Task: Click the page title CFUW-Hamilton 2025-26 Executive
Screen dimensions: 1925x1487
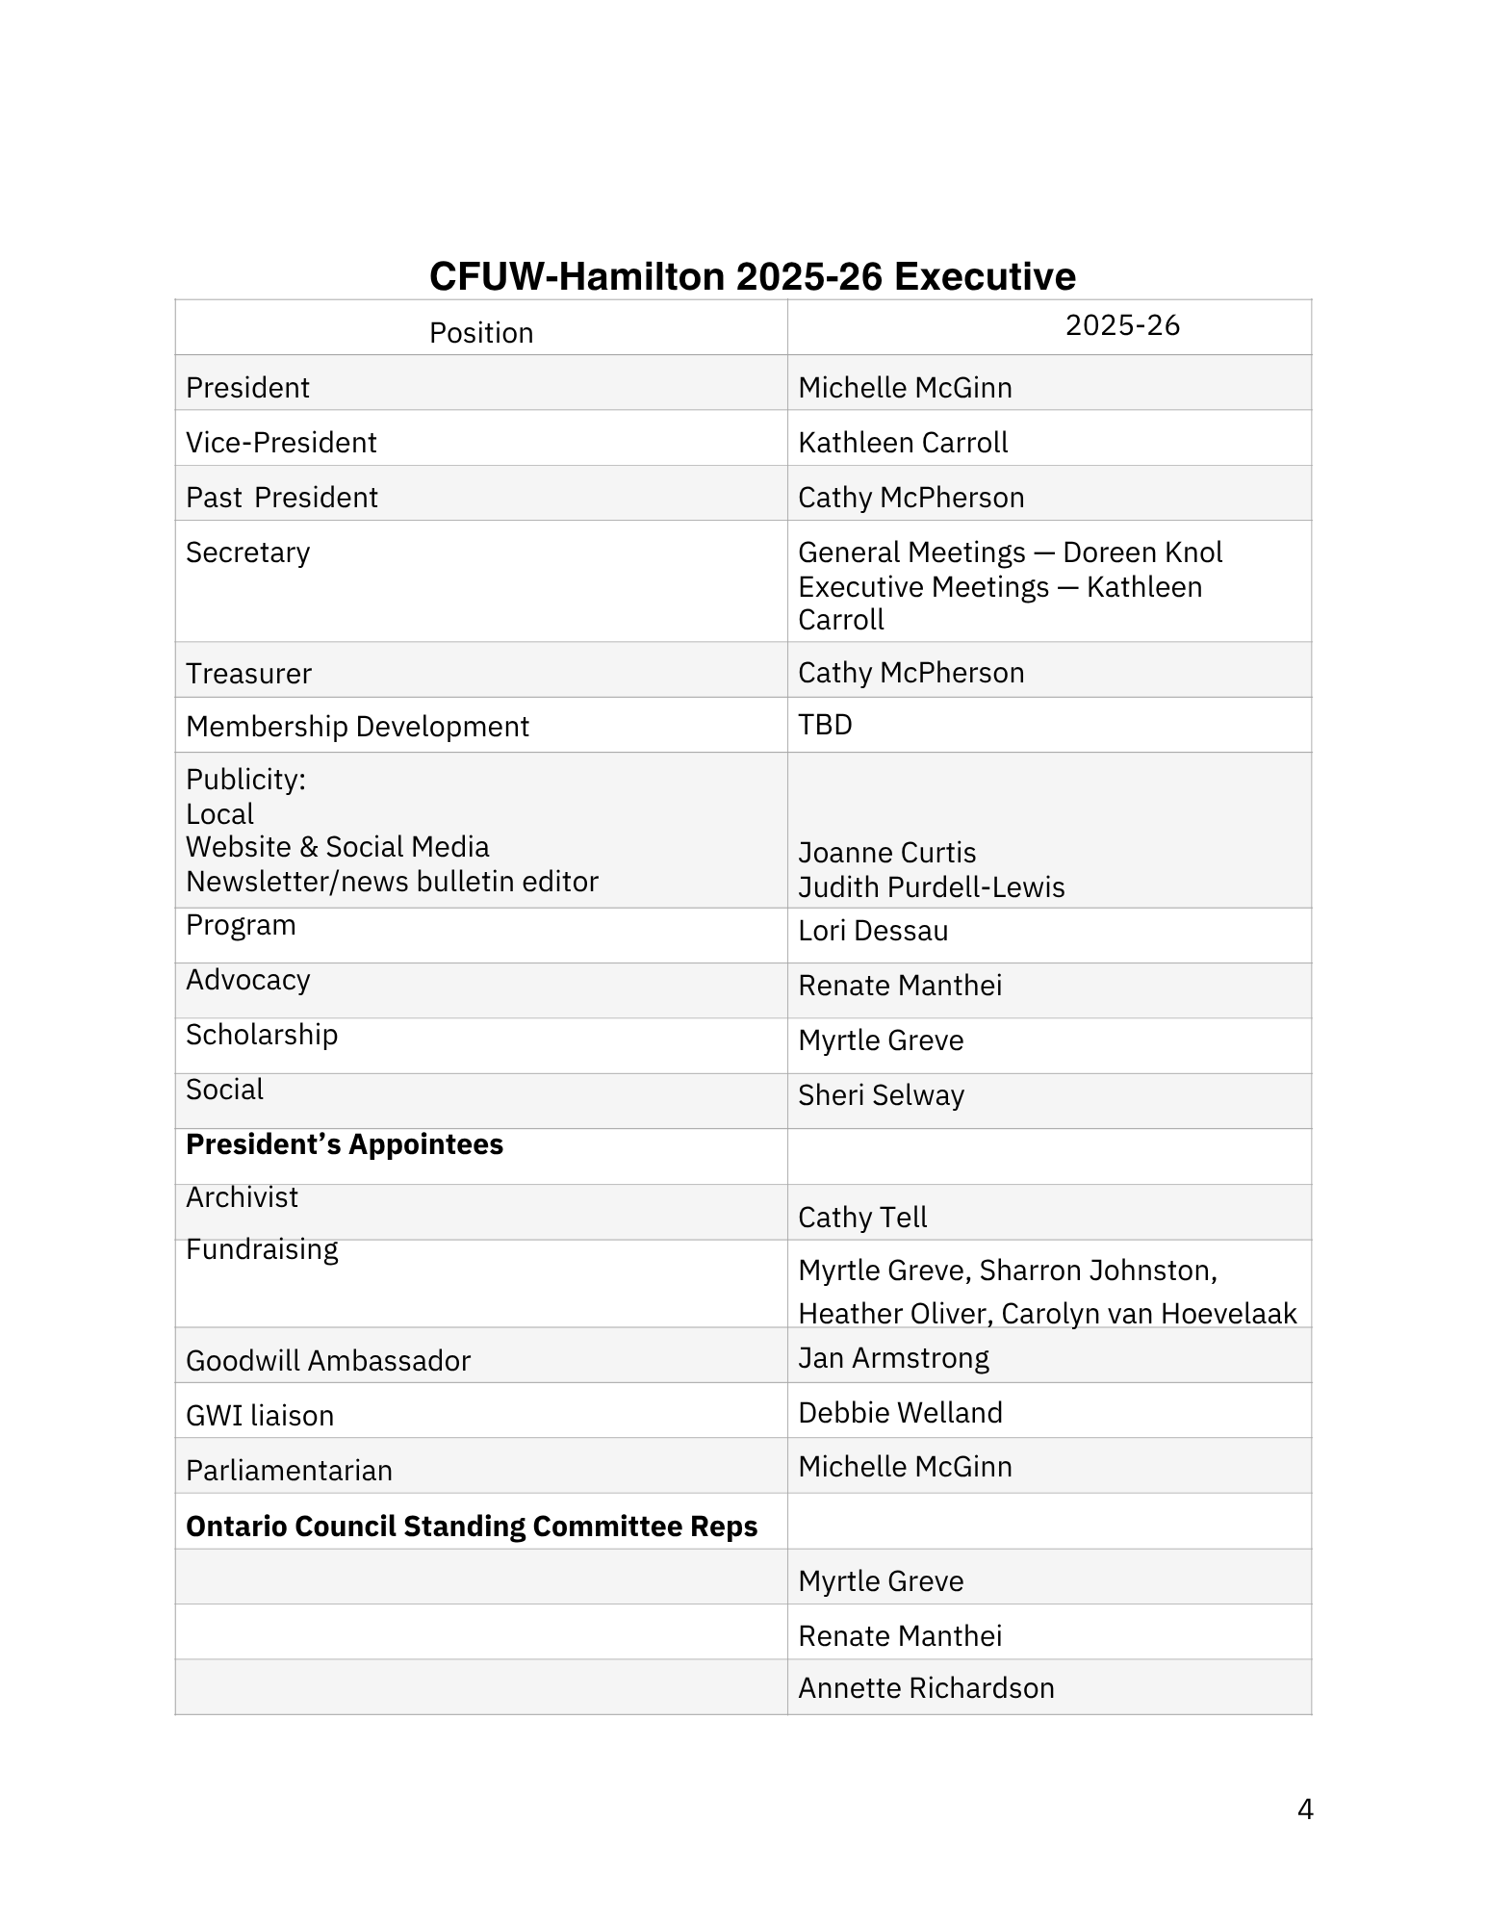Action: [752, 276]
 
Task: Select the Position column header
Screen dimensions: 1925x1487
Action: [480, 333]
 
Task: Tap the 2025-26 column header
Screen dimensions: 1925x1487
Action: [1122, 325]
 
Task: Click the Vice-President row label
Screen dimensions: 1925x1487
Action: [281, 443]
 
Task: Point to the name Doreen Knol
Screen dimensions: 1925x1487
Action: [1142, 552]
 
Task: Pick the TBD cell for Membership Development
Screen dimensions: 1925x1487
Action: [825, 725]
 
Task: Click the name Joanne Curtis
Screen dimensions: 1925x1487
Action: [886, 853]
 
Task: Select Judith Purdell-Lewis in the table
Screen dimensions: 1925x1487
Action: [931, 886]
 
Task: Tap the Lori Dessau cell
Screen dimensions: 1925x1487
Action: [873, 931]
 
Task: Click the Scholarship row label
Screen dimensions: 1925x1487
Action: [262, 1035]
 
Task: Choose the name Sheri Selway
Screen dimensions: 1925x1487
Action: [881, 1095]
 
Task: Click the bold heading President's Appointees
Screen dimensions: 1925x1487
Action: [345, 1144]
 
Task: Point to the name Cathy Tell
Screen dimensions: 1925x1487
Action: [862, 1218]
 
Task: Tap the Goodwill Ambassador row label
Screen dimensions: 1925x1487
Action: [328, 1361]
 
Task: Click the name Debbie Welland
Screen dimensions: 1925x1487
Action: [900, 1413]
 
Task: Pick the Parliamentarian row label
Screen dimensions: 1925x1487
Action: [289, 1471]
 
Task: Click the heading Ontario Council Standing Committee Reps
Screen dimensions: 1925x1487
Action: [472, 1527]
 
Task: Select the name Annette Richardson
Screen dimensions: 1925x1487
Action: [926, 1688]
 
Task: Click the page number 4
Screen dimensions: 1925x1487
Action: [1304, 1810]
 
